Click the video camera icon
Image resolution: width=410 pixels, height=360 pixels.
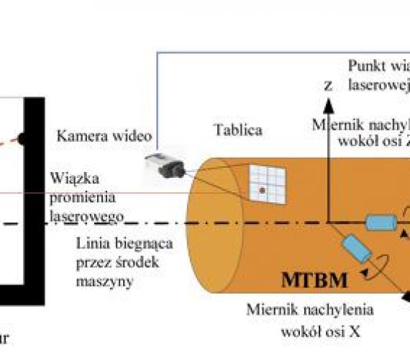[x=165, y=165]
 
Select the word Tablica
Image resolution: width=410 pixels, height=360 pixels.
[x=237, y=130]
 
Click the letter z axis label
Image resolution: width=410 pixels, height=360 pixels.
[x=328, y=84]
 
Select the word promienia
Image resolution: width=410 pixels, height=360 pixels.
[x=84, y=197]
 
